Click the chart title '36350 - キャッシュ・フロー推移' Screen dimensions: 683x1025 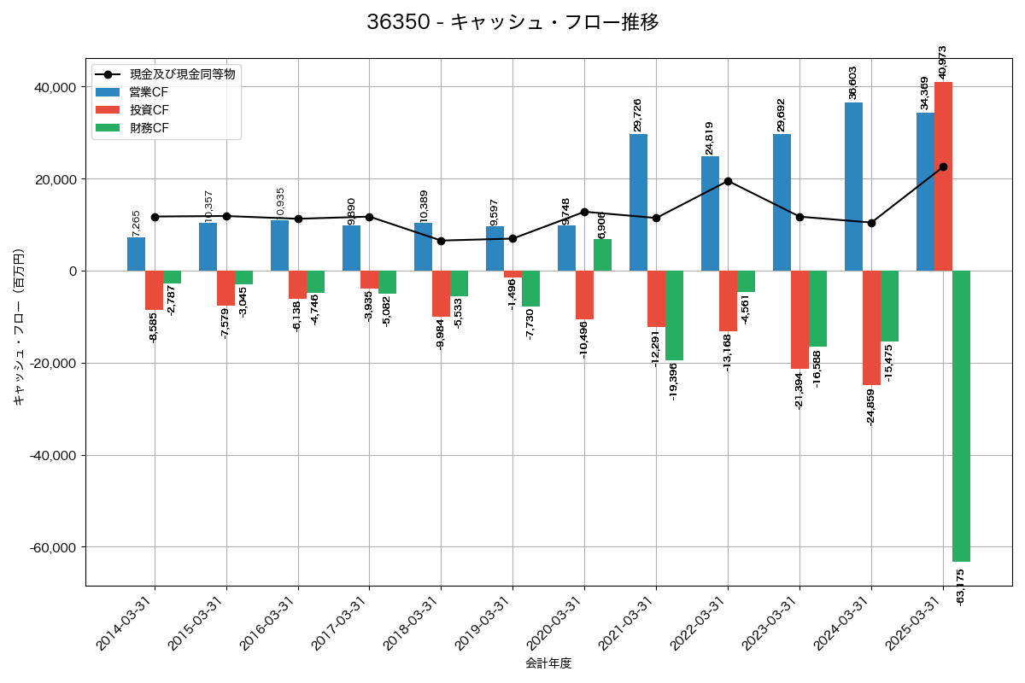512,22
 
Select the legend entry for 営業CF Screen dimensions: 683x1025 149,92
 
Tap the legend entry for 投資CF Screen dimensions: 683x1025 149,110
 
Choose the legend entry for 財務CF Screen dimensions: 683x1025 149,129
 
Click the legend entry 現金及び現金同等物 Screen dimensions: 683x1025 182,74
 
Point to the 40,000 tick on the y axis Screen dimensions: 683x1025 54,88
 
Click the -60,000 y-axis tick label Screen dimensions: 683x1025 52,547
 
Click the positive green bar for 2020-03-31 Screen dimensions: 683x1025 602,255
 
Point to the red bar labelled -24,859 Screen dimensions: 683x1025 871,328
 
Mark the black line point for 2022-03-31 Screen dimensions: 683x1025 728,181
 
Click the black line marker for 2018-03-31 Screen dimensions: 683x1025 441,241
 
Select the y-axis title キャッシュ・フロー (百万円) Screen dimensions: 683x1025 19,326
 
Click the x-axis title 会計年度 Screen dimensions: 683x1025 548,663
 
